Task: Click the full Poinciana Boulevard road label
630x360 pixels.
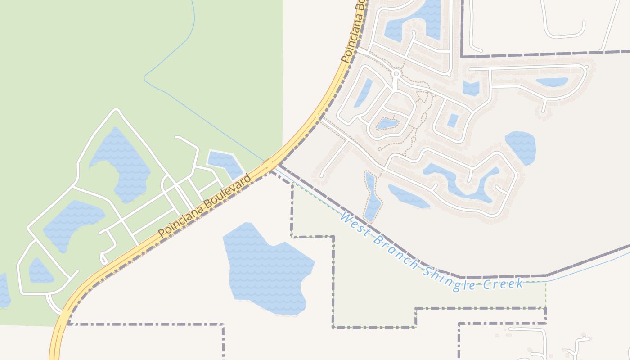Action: [x=205, y=206]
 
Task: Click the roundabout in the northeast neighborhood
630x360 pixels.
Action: [x=396, y=73]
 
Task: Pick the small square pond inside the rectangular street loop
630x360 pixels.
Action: [x=453, y=120]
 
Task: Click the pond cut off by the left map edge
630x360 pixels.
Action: [x=4, y=290]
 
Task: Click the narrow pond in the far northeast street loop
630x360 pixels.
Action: [x=552, y=82]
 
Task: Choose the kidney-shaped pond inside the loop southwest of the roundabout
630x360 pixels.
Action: [x=387, y=124]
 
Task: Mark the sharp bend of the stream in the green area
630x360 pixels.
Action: [x=145, y=78]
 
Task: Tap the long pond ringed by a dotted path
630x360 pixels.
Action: [x=372, y=198]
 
